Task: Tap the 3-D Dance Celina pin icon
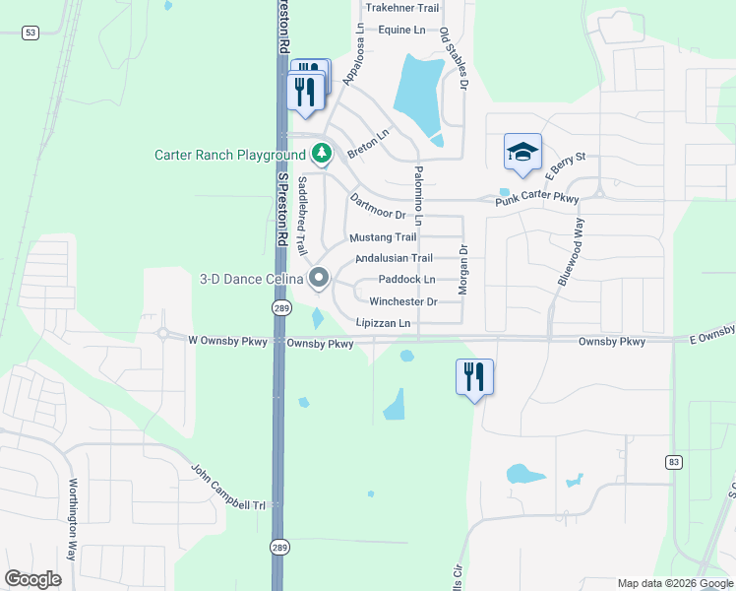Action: tap(319, 279)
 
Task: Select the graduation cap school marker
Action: tap(522, 152)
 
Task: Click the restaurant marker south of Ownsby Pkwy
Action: tap(474, 376)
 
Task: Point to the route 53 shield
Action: tap(31, 33)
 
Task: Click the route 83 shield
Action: tap(673, 461)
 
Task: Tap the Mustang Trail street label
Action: tap(383, 237)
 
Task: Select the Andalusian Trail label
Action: tap(394, 258)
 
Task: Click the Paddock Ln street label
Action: tap(406, 280)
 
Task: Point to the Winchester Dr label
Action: tap(402, 301)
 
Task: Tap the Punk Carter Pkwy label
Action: tap(537, 200)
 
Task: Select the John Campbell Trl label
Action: tap(228, 488)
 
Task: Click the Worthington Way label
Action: tap(72, 507)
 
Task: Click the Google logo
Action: tap(32, 579)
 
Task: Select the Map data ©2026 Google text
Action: tap(674, 583)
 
